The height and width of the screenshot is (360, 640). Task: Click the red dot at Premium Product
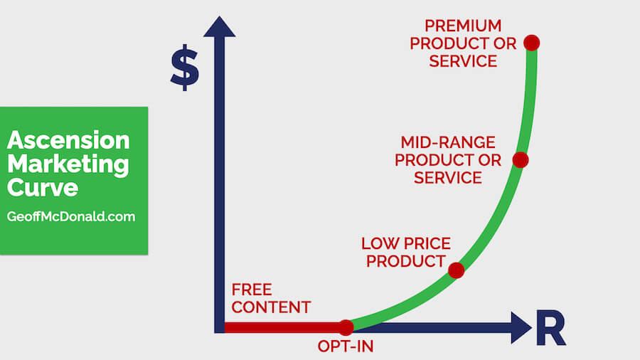[531, 43]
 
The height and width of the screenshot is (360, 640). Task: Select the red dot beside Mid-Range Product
[521, 160]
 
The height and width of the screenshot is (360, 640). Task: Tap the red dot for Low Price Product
[456, 270]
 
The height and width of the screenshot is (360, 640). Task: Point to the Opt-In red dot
[346, 327]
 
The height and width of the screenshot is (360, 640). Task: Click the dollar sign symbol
[185, 68]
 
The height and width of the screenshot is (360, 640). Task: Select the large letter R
[550, 328]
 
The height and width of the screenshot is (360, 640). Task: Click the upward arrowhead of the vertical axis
[220, 27]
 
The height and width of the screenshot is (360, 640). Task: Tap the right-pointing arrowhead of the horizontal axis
[521, 327]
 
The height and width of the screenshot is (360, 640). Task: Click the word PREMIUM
[463, 26]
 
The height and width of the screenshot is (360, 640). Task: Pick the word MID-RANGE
[448, 142]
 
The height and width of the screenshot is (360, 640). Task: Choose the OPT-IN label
[346, 346]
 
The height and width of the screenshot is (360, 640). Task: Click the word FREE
[252, 290]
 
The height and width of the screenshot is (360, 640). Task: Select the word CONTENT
[271, 307]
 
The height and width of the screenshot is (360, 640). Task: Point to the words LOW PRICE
[406, 243]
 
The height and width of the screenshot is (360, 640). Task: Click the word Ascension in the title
[68, 140]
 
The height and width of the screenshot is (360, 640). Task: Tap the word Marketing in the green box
[68, 164]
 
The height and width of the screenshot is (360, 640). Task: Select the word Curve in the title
[43, 188]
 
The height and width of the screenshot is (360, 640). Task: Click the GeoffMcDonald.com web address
[71, 216]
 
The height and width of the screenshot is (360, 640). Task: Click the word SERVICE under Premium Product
[463, 61]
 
